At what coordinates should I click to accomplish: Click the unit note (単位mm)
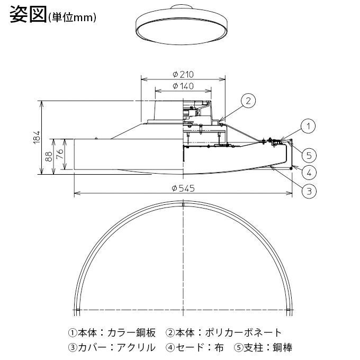click(72, 17)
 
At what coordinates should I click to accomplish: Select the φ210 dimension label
click(183, 75)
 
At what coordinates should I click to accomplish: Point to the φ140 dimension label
click(183, 86)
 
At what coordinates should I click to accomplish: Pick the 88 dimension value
click(49, 156)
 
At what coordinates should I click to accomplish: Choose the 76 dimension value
click(60, 154)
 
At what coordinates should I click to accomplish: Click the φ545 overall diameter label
click(183, 189)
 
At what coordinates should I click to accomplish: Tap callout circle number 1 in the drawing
click(309, 125)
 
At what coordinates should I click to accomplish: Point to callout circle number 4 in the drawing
click(309, 172)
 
